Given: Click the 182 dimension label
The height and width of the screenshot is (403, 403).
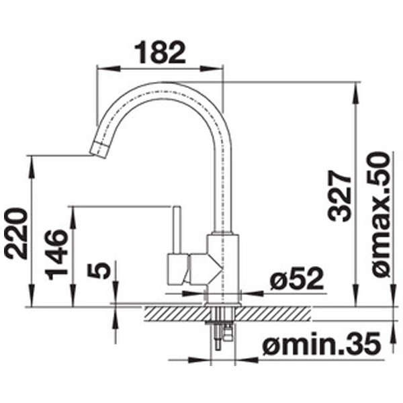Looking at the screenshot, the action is [160, 52].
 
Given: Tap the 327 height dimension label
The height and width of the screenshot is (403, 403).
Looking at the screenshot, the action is [340, 195].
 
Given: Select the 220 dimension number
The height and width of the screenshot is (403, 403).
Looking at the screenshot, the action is [16, 233].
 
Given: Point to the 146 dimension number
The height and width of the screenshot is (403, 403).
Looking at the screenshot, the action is [56, 254].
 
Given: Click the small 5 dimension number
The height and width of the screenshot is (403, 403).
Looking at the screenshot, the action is [99, 271].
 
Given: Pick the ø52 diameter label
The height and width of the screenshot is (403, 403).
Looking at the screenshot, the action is [296, 278].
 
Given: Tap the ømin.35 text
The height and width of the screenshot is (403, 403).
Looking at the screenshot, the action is [321, 343].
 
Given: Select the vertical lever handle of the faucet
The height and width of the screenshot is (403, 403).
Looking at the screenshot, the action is [177, 230].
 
